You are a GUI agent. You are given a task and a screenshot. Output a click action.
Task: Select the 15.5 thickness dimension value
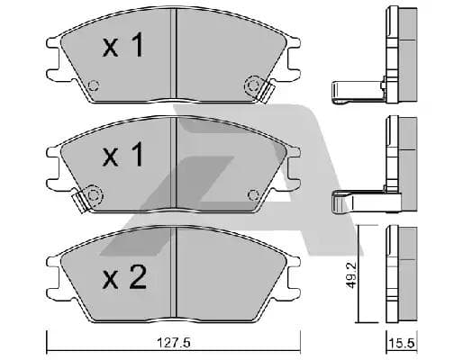pos(397,342)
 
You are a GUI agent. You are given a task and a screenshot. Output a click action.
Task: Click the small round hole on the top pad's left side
pos(93,87)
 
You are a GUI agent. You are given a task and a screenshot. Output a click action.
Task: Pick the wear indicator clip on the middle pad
pos(88,196)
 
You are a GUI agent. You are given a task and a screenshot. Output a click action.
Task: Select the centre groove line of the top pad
pos(173,58)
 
